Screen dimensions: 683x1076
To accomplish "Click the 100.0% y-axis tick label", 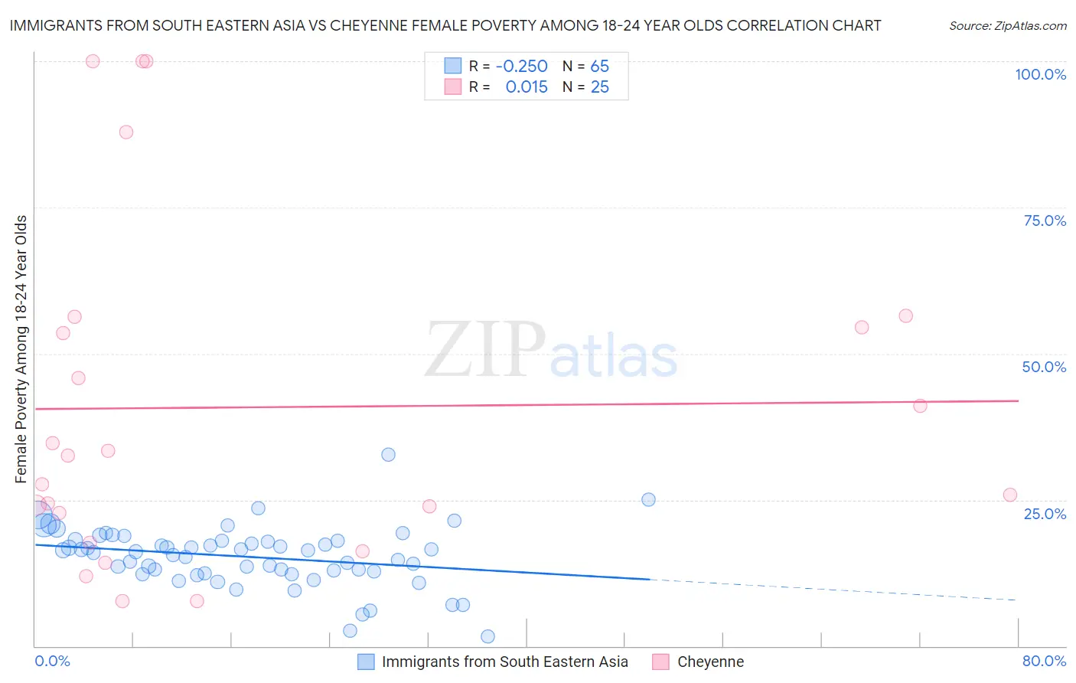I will pyautogui.click(x=1040, y=74).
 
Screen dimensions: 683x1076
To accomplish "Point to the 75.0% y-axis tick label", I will pyautogui.click(x=1045, y=221).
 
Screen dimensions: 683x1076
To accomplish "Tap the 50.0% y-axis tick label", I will pyautogui.click(x=1044, y=367).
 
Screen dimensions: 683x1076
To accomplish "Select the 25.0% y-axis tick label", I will pyautogui.click(x=1045, y=514).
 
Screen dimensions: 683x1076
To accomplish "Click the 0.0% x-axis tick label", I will pyautogui.click(x=52, y=661).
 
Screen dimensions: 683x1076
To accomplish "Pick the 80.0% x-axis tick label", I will pyautogui.click(x=1044, y=661).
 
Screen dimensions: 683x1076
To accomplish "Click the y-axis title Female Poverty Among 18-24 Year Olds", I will pyautogui.click(x=21, y=349).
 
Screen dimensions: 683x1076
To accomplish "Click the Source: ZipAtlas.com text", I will pyautogui.click(x=1007, y=26).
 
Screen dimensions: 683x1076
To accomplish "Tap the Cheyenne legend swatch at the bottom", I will pyautogui.click(x=660, y=662).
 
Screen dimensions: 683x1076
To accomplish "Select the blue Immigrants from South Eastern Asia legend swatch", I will pyautogui.click(x=366, y=662).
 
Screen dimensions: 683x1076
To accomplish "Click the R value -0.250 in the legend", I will pyautogui.click(x=521, y=67).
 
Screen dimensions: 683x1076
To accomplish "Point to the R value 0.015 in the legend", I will pyautogui.click(x=527, y=87).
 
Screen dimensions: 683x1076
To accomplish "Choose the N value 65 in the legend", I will pyautogui.click(x=599, y=67).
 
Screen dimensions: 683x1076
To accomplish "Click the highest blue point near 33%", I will pyautogui.click(x=388, y=455).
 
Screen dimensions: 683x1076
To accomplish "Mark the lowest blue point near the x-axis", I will pyautogui.click(x=487, y=636).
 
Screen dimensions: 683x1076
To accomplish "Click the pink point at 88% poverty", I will pyautogui.click(x=126, y=132).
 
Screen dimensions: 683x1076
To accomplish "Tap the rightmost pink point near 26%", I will pyautogui.click(x=1009, y=495).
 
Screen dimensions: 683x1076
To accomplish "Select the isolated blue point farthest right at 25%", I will pyautogui.click(x=648, y=500).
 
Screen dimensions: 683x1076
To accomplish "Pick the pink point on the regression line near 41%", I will pyautogui.click(x=920, y=406).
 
